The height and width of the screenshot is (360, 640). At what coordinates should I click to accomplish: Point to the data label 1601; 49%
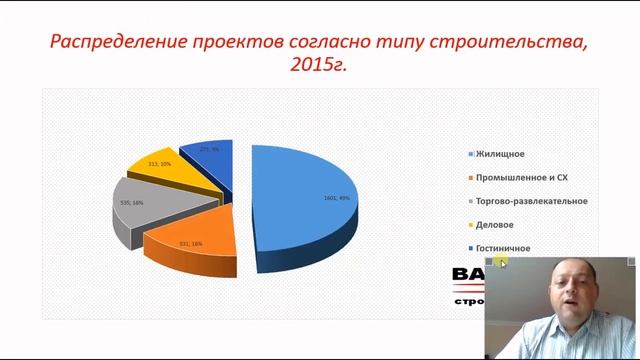tap(336, 198)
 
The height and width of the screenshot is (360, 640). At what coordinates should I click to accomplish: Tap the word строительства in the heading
tap(520, 43)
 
